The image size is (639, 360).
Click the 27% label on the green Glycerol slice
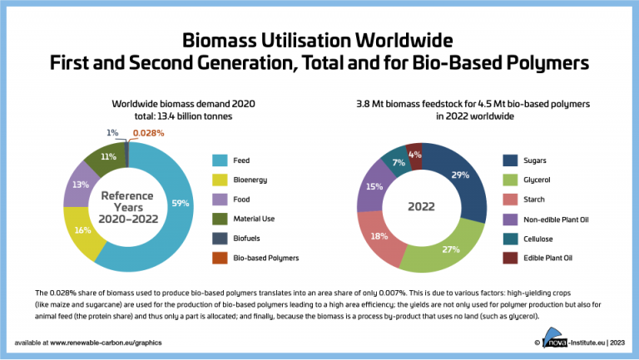coord(451,249)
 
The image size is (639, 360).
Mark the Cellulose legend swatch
coord(512,239)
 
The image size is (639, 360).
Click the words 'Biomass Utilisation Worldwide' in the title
coord(319,41)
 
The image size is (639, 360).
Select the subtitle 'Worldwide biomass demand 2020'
coord(183,103)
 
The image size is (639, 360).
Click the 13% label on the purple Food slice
coord(80,185)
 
